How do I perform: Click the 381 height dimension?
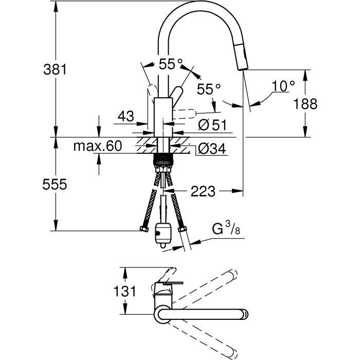[x=54, y=69]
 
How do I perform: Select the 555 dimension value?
[x=54, y=185]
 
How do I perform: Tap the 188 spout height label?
[x=305, y=104]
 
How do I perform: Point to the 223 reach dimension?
[x=203, y=192]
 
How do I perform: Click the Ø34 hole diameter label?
[x=210, y=149]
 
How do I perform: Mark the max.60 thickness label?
[x=98, y=146]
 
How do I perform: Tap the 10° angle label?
[x=284, y=86]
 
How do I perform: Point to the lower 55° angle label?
[x=209, y=89]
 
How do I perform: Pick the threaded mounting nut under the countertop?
[x=163, y=160]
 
